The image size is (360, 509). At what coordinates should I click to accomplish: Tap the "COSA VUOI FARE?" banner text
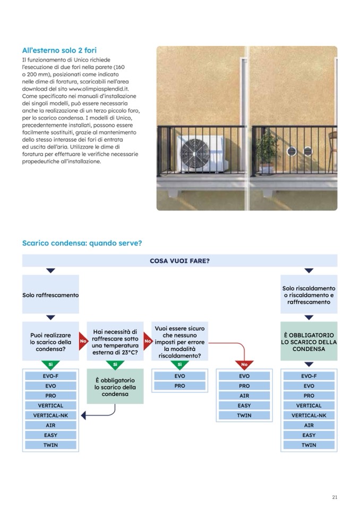179,261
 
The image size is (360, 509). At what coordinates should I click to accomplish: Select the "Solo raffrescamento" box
50,295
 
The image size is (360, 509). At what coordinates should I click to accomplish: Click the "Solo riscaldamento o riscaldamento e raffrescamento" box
308,295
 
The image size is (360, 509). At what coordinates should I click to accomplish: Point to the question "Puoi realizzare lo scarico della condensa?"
50,342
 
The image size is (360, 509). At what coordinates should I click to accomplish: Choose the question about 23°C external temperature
115,342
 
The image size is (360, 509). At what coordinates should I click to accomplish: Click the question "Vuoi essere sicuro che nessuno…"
179,342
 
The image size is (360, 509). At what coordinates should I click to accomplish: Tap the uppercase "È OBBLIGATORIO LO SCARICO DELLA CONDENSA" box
308,342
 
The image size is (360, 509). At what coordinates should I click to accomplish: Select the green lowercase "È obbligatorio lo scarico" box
115,387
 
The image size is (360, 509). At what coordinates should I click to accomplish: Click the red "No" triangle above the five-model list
244,365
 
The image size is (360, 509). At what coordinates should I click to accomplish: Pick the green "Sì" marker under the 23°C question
115,365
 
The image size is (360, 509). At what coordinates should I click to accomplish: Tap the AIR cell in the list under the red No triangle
244,396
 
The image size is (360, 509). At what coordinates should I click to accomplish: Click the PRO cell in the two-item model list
179,386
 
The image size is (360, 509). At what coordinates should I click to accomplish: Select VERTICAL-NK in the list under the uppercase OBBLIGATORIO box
308,416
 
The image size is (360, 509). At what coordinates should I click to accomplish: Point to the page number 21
335,497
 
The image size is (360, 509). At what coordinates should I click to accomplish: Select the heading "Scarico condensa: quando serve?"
82,243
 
